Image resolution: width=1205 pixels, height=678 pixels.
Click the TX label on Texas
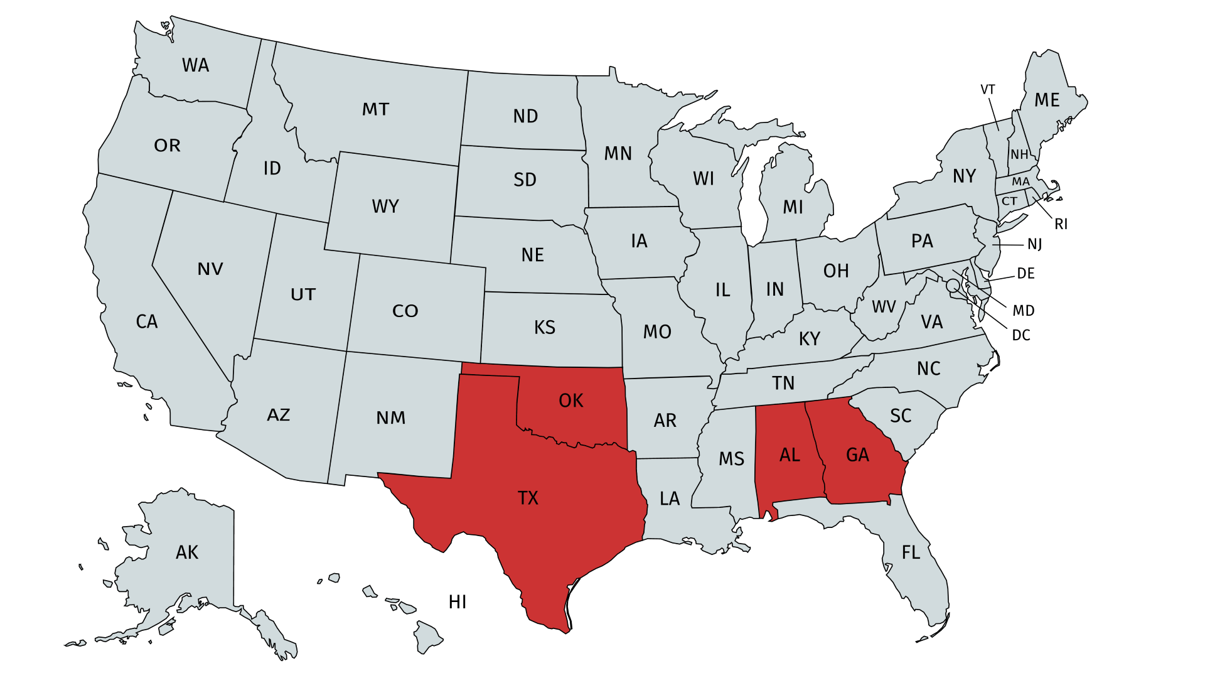point(528,498)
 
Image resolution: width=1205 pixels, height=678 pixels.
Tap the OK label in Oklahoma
point(570,401)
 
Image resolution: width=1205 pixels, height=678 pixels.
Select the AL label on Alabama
point(790,455)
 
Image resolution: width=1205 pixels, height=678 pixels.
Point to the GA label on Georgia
point(857,455)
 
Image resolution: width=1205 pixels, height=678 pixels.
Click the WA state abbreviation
point(195,65)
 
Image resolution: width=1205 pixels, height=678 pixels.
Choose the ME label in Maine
point(1047,100)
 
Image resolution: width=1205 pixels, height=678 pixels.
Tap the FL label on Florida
point(911,552)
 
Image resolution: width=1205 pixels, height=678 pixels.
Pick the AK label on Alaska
point(187,552)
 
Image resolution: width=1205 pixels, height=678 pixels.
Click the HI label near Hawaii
point(458,602)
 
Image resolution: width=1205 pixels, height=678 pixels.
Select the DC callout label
point(1021,335)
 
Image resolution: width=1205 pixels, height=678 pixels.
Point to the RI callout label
point(1061,224)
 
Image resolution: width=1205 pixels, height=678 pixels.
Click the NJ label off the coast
point(1034,244)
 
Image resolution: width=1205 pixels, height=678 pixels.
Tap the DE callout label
point(1026,273)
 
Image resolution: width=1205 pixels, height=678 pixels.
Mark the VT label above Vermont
point(988,90)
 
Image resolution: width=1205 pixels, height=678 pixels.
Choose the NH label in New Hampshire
point(1019,154)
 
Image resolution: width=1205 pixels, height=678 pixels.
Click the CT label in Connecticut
point(1009,201)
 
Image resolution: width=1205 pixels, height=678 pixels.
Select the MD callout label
point(1023,310)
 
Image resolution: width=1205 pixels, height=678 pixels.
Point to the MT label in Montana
point(375,109)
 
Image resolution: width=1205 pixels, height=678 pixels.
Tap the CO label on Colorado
point(405,311)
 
